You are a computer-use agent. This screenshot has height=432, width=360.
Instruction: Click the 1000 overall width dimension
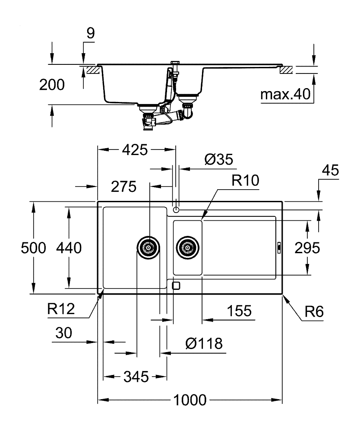pyautogui.click(x=189, y=400)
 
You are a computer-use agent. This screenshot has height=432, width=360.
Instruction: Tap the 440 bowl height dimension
pyautogui.click(x=69, y=248)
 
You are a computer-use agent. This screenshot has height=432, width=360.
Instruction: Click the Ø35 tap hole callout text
pyautogui.click(x=218, y=160)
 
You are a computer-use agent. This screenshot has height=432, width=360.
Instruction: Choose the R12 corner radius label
pyautogui.click(x=61, y=308)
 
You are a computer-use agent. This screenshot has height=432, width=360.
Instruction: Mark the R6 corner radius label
pyautogui.click(x=312, y=311)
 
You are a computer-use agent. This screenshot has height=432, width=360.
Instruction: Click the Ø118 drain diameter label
pyautogui.click(x=204, y=344)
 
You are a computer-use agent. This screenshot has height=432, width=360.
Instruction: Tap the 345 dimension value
pyautogui.click(x=135, y=377)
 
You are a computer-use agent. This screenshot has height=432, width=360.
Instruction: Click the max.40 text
pyautogui.click(x=286, y=95)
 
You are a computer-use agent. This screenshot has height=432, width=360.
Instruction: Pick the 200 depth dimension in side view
pyautogui.click(x=52, y=85)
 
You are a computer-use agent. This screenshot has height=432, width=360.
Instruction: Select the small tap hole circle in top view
pyautogui.click(x=176, y=210)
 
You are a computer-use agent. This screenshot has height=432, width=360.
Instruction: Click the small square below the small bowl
pyautogui.click(x=176, y=286)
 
